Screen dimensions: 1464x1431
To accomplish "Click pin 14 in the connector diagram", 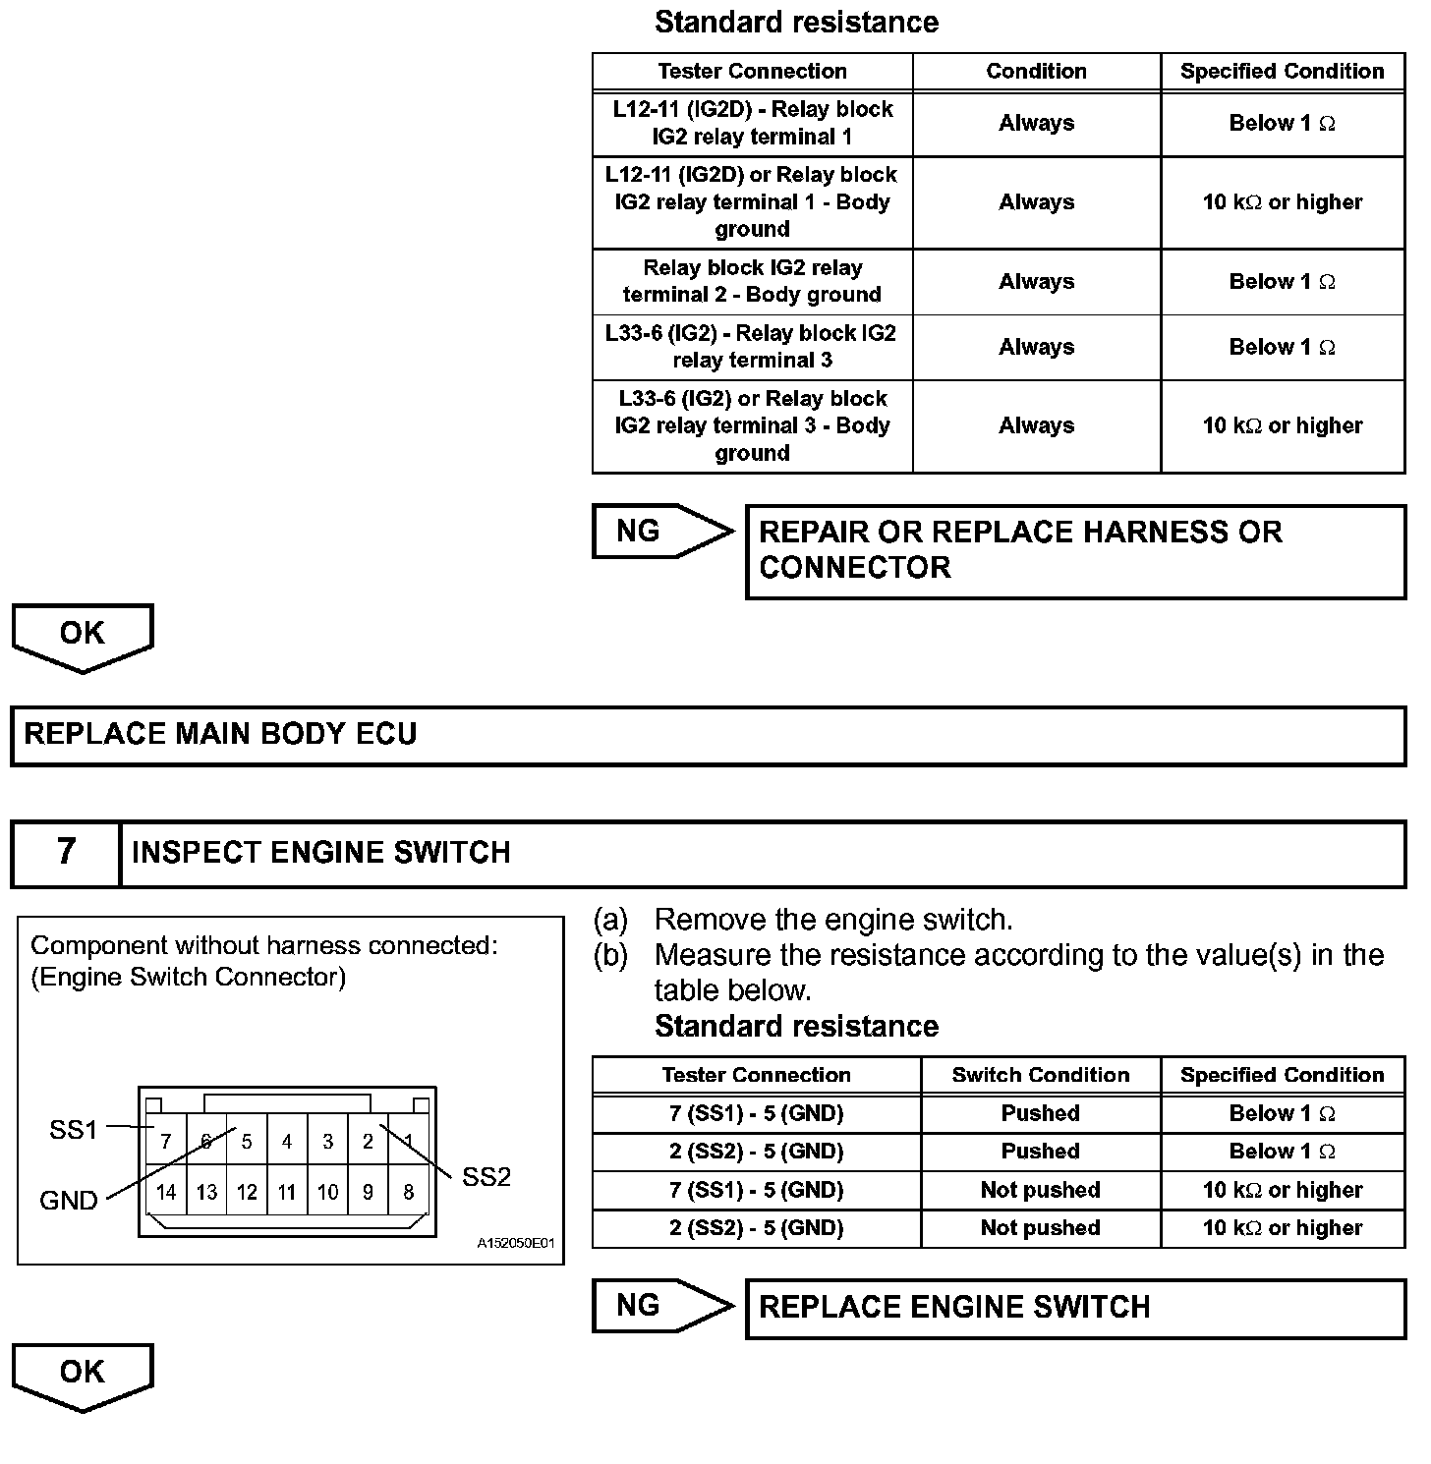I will coord(166,1192).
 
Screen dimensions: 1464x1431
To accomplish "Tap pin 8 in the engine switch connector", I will coord(408,1192).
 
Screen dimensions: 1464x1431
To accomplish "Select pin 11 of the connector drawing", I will coord(287,1192).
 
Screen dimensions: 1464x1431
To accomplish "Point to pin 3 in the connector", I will coord(327,1142).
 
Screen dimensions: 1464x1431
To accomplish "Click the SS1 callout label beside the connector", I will coord(74,1130).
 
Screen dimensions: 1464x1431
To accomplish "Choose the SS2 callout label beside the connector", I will coord(487,1177).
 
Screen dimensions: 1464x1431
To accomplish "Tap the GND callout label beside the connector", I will coord(69,1201).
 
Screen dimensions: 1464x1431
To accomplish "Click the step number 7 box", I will coord(66,851).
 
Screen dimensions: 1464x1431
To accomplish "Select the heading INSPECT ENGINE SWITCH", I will coord(321,852).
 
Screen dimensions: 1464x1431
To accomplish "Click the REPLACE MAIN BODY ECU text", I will coord(221,734).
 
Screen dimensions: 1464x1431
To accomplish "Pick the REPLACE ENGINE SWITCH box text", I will coord(954,1307).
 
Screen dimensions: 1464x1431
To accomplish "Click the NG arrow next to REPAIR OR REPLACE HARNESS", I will coord(662,532).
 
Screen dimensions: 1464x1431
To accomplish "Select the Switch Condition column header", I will coord(1040,1075).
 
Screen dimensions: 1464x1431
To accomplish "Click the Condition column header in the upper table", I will coord(1036,71).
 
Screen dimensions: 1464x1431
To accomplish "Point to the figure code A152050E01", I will coord(516,1244).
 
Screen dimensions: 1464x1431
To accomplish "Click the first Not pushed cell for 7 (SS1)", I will coord(1040,1190).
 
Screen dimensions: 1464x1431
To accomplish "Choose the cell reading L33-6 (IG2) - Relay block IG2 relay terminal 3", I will coord(752,347).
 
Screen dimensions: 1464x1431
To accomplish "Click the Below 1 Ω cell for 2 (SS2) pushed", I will coord(1282,1151).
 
